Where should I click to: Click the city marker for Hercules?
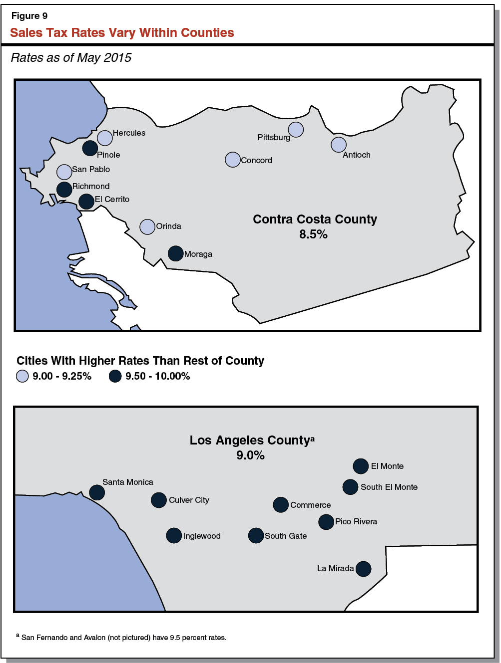click(x=105, y=138)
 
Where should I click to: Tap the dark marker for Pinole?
click(x=90, y=148)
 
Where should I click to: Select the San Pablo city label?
click(x=91, y=170)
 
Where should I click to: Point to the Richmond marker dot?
click(x=64, y=190)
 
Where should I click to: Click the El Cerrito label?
click(x=112, y=200)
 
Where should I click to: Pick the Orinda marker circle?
click(x=147, y=226)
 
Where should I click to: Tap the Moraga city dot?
click(x=175, y=253)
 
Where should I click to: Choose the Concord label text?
click(x=256, y=161)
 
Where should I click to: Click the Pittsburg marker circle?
click(x=296, y=130)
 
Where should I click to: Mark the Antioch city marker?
click(x=339, y=145)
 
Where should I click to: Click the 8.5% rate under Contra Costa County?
click(x=313, y=234)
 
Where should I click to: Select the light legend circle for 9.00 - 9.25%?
click(x=22, y=376)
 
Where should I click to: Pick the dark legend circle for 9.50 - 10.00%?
click(x=115, y=376)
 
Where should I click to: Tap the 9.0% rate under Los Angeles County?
click(x=250, y=455)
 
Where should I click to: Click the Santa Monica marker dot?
click(x=97, y=492)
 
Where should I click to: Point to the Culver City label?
click(x=189, y=500)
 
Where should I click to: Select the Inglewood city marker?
click(x=174, y=536)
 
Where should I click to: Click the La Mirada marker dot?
click(x=364, y=569)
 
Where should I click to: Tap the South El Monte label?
click(x=389, y=487)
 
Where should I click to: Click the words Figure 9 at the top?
click(x=29, y=16)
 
